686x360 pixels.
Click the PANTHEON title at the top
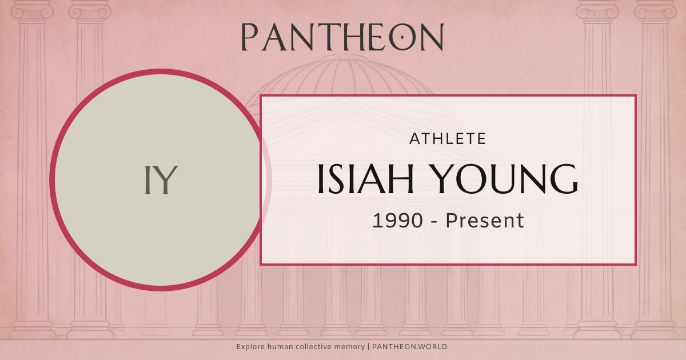342,37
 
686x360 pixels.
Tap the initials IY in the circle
160,180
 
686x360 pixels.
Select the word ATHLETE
448,138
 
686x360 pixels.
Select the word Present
485,221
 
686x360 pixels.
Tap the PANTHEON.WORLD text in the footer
409,347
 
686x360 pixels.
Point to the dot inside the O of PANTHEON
404,38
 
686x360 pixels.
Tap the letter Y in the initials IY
167,180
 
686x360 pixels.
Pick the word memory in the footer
350,347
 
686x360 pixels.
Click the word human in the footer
282,347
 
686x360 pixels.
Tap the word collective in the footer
316,347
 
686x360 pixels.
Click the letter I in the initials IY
147,180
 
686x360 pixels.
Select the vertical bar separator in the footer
368,347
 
